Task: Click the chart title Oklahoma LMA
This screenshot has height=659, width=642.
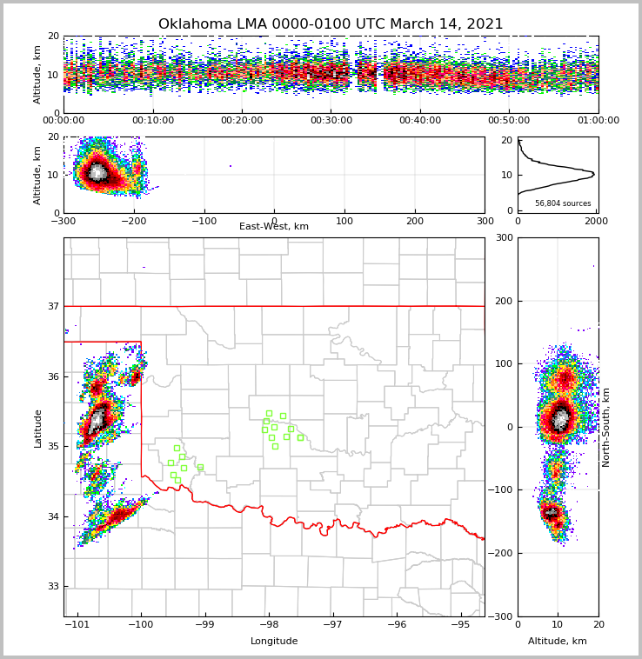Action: point(331,24)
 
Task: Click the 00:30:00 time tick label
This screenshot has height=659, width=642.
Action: point(331,121)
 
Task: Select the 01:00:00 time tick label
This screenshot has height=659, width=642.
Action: point(598,121)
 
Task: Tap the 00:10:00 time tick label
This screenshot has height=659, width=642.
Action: point(152,121)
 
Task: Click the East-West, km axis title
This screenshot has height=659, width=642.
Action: point(274,227)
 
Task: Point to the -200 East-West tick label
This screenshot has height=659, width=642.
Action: point(133,221)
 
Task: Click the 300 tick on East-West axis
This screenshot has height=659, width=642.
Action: point(485,221)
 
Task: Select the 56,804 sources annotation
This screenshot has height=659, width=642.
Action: point(563,203)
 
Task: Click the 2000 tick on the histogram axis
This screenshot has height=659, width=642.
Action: point(596,221)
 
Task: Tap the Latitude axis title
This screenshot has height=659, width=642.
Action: point(38,428)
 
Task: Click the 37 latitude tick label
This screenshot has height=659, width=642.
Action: point(53,306)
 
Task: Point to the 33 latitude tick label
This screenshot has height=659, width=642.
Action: point(53,586)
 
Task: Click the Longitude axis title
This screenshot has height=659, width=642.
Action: point(274,642)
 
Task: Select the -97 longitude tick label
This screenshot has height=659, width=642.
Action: point(332,624)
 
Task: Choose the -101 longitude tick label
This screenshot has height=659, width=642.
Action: point(77,624)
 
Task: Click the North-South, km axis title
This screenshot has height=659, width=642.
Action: point(606,428)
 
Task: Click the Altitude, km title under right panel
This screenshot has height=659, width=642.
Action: point(558,642)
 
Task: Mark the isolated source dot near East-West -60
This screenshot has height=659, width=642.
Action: point(231,166)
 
